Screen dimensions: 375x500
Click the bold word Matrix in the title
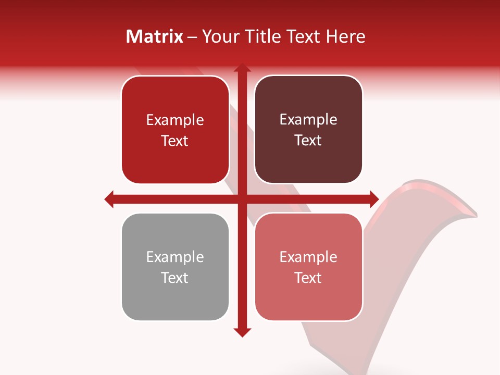[x=155, y=36]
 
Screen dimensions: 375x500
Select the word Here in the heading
[x=345, y=36]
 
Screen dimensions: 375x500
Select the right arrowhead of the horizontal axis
[x=374, y=199]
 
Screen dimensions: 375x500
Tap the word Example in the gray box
[x=175, y=257]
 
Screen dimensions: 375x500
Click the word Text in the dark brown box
[x=308, y=141]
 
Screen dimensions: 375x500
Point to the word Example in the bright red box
[x=175, y=120]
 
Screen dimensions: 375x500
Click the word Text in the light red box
[x=308, y=278]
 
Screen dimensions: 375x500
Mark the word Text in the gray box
[x=175, y=278]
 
